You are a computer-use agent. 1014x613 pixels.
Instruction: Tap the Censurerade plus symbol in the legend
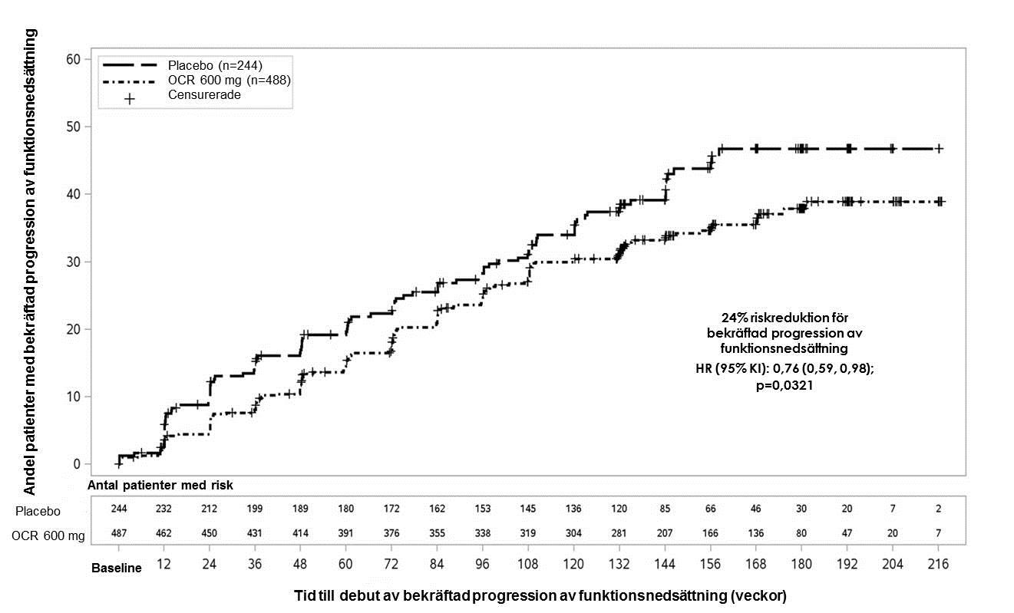coord(130,99)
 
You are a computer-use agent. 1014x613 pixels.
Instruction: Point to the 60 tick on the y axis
coord(73,59)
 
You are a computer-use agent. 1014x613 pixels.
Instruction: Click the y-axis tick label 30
coord(73,262)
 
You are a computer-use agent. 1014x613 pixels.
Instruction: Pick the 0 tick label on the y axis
coord(77,464)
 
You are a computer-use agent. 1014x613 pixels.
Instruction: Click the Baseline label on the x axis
coord(117,569)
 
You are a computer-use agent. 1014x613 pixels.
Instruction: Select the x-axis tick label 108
coord(528,564)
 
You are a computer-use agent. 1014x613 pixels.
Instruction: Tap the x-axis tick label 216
coord(938,564)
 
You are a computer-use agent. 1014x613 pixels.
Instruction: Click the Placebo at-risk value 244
coord(119,509)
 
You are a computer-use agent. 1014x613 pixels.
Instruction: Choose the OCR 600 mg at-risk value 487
coord(119,533)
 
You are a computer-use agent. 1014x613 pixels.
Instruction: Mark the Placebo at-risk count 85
coord(665,509)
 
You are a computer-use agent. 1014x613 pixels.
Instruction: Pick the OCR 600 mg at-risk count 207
coord(665,533)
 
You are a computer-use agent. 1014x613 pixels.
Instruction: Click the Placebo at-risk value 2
coord(939,509)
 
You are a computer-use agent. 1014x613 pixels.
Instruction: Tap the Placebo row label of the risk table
coord(38,511)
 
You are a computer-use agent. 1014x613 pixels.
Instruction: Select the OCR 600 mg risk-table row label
coord(48,536)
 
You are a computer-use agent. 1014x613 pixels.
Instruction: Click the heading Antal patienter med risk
coord(160,486)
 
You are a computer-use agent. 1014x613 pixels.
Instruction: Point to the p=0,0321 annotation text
coord(784,385)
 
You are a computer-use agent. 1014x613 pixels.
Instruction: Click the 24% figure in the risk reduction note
coord(735,318)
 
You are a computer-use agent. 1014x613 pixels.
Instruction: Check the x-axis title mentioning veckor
coord(540,596)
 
